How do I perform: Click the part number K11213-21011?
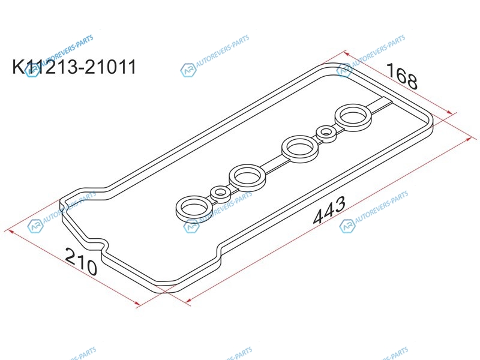coord(74,67)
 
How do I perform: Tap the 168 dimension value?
coord(401,76)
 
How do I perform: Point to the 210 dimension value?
coord(81,261)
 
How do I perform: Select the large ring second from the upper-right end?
coord(300,148)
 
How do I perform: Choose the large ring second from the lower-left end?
coord(247,177)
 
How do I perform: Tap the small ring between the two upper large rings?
coord(326,133)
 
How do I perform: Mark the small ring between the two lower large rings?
coord(220,193)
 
